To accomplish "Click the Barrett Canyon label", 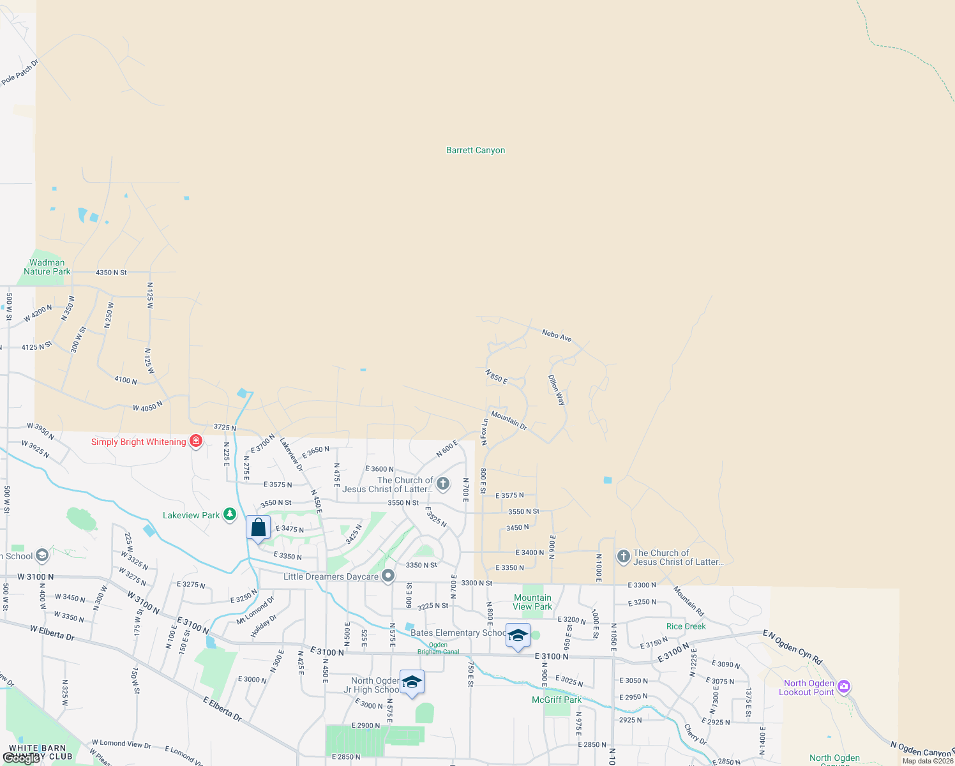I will click(x=476, y=150).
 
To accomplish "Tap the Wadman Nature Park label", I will click(x=47, y=267).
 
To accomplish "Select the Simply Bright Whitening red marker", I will click(x=196, y=441).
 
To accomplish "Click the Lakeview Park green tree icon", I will click(x=230, y=514).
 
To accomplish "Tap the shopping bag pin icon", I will click(x=259, y=528).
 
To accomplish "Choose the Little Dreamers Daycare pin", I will click(x=387, y=576).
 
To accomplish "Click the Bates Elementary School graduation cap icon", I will click(x=518, y=636).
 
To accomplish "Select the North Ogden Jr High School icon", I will click(x=412, y=682).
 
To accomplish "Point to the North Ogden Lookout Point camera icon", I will click(x=844, y=687).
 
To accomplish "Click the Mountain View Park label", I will click(x=532, y=602).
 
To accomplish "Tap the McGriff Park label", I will click(x=557, y=700).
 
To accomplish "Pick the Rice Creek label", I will click(x=686, y=626).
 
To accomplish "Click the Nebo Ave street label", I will click(x=557, y=335).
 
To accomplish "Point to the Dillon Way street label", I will click(x=557, y=389).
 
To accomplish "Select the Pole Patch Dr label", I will click(x=20, y=72).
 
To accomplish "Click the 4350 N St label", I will click(x=111, y=273).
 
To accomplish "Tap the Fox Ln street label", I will click(x=485, y=429).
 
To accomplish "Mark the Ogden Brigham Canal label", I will click(x=438, y=648).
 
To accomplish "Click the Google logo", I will click(x=22, y=758).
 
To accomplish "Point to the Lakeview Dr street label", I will click(x=292, y=454).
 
